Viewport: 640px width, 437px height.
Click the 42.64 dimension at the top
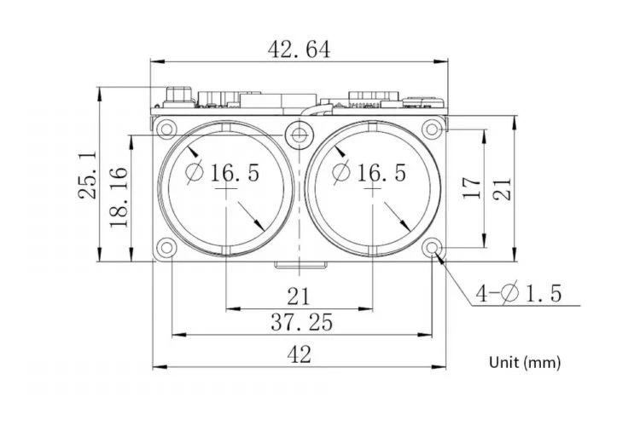coord(299,49)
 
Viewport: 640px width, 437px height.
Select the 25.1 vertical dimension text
coord(88,175)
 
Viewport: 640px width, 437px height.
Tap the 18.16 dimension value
coord(119,197)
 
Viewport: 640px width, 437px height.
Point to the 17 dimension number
coord(472,187)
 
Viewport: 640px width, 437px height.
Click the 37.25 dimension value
coord(301,322)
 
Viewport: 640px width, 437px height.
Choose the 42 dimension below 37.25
coord(300,354)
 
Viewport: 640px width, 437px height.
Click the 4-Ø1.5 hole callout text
coord(519,293)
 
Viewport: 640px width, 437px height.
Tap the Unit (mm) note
coord(525,362)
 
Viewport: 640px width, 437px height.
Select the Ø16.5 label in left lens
coord(223,172)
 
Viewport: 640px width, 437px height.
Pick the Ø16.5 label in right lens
coord(369,172)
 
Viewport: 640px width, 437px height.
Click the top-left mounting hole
coord(166,129)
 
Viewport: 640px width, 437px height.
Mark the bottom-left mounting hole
coord(166,248)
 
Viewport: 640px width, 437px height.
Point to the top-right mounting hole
coord(432,129)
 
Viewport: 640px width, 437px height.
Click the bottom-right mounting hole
coord(432,248)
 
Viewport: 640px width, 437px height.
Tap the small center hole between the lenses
coord(300,134)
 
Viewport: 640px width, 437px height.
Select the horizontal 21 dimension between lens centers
coord(300,296)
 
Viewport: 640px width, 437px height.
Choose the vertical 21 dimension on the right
coord(502,189)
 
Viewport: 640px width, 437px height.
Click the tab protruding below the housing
coord(300,265)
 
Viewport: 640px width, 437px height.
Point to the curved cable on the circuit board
coord(317,110)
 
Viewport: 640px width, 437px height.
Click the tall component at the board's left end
coord(178,96)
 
